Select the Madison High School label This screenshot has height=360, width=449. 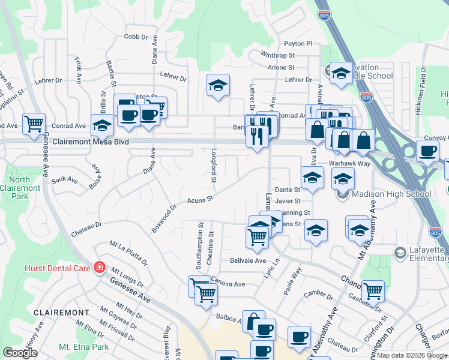[392, 194]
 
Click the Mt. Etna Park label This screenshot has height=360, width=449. [84, 347]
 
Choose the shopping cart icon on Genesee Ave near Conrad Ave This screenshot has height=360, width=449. [34, 124]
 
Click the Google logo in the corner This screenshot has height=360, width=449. [20, 353]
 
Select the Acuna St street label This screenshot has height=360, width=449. [200, 199]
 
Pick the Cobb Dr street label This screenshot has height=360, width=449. [136, 37]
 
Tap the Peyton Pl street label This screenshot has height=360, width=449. [298, 43]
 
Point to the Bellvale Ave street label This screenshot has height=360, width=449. [248, 261]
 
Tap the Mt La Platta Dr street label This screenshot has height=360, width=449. [128, 253]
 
